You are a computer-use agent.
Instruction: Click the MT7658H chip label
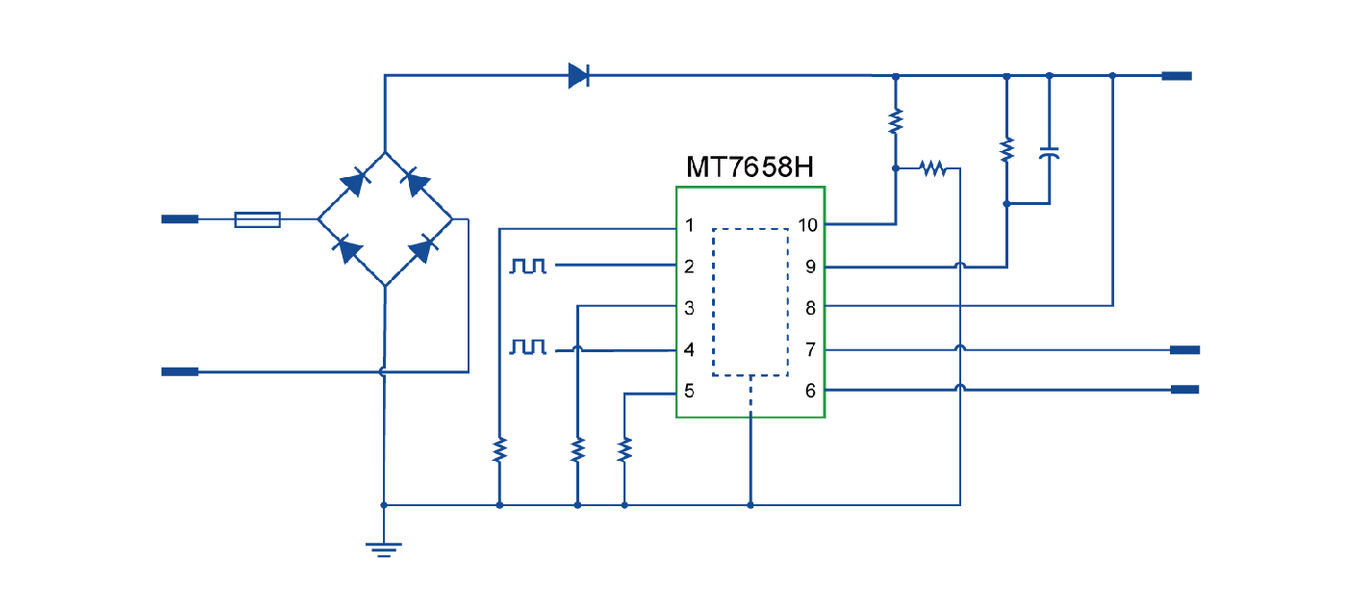(x=750, y=167)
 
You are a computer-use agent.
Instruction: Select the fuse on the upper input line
(x=258, y=220)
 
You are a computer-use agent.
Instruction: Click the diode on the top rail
(x=578, y=75)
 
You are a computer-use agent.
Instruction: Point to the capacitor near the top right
(x=1049, y=154)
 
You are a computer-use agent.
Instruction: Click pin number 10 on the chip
(x=807, y=225)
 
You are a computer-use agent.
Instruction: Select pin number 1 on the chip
(x=689, y=226)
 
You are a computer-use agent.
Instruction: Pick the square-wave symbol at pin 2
(x=528, y=265)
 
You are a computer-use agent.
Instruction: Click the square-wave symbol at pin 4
(x=528, y=345)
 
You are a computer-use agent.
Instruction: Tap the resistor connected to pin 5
(x=624, y=449)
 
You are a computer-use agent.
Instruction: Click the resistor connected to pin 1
(x=499, y=449)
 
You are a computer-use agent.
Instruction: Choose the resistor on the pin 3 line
(x=577, y=449)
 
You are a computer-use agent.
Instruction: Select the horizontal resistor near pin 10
(x=932, y=168)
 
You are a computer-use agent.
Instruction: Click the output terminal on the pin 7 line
(x=1184, y=349)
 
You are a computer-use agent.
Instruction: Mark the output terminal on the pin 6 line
(x=1184, y=390)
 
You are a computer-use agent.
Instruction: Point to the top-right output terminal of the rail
(x=1177, y=75)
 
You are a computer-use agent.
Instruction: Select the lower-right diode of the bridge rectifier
(x=419, y=251)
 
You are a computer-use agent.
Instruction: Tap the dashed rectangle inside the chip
(x=750, y=301)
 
